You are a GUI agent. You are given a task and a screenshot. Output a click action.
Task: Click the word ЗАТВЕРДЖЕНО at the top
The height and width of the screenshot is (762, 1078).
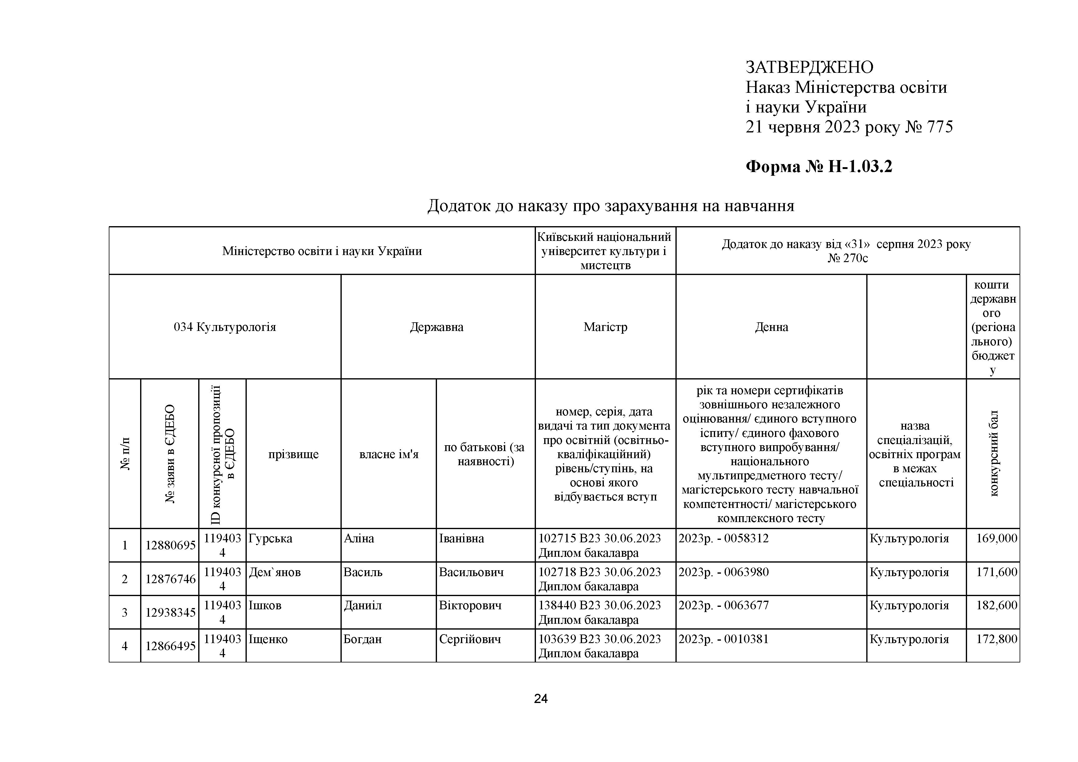[809, 68]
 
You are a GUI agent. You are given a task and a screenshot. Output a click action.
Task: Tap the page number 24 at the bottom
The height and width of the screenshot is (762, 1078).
[541, 699]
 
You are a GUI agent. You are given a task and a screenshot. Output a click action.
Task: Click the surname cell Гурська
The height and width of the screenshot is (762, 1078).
[270, 539]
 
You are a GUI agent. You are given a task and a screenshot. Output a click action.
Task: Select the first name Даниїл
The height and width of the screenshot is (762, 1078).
[363, 606]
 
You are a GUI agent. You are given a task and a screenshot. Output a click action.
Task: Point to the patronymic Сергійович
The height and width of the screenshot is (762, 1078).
[470, 639]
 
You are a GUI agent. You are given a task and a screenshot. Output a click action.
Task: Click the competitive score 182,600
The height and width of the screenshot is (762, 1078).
[996, 606]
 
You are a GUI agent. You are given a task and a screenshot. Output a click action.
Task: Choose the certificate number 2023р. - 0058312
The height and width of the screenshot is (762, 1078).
[723, 539]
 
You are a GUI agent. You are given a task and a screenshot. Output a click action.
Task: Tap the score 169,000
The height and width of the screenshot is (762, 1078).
[996, 539]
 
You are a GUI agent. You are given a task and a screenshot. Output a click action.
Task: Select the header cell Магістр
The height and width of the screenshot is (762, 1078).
[605, 327]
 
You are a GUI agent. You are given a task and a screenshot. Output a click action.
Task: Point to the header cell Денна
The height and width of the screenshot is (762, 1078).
[771, 327]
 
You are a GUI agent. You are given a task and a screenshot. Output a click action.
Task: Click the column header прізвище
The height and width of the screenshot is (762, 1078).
[293, 454]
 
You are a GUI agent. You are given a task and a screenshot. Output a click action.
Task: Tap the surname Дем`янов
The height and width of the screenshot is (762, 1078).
[275, 572]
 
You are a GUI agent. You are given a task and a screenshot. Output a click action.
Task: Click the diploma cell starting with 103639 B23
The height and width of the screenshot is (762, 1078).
[599, 646]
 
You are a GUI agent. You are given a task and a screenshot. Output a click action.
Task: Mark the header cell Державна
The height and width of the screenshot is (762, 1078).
[437, 327]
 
